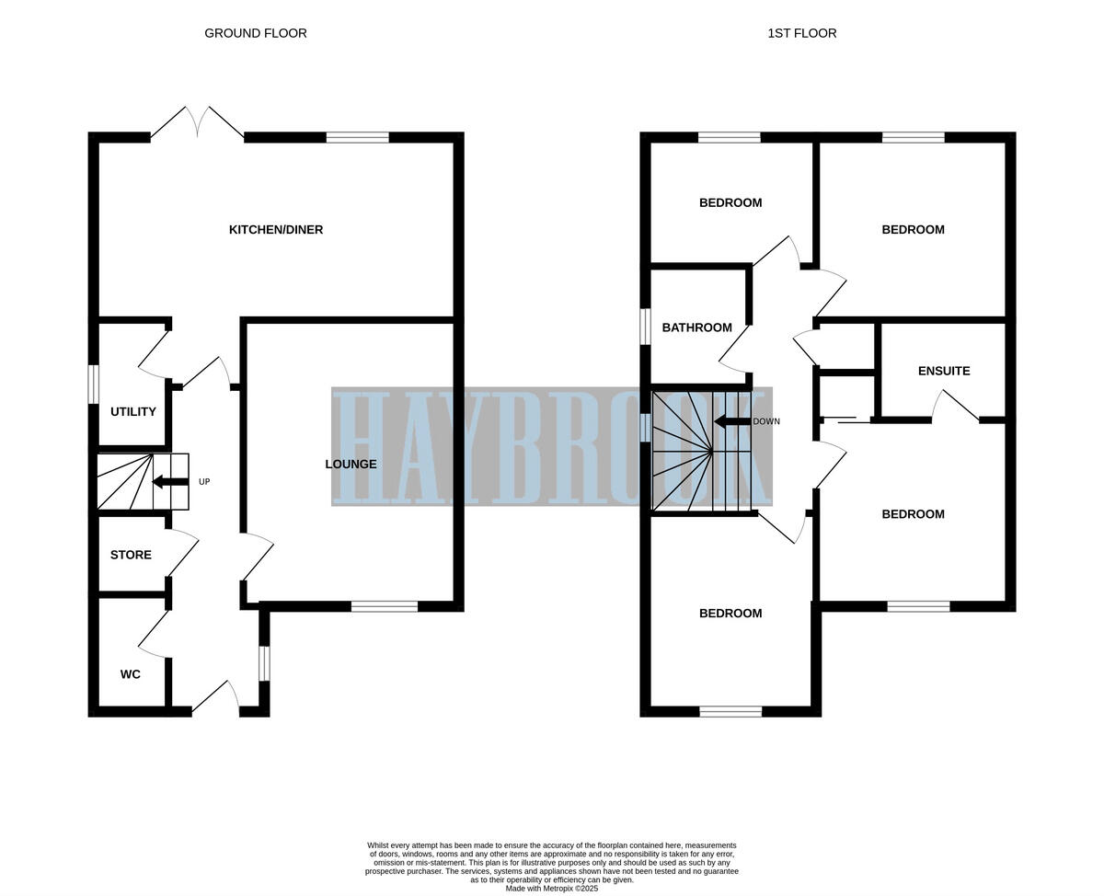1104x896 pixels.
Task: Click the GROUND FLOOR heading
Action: (x=256, y=33)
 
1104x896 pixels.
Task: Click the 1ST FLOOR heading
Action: (x=801, y=33)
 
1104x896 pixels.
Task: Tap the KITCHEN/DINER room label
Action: (x=276, y=229)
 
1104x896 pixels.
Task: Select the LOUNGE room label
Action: (x=351, y=464)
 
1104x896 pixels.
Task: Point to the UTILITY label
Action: (x=133, y=411)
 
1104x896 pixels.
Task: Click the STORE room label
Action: (x=131, y=555)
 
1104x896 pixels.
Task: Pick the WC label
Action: (x=131, y=674)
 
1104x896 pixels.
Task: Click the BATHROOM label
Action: (x=696, y=327)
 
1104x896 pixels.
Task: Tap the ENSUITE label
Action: (x=944, y=371)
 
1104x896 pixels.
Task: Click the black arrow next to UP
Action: (x=170, y=481)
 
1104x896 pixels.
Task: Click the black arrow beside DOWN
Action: (x=732, y=421)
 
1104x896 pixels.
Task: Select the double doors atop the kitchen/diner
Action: (x=197, y=124)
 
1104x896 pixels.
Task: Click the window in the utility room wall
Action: (x=93, y=385)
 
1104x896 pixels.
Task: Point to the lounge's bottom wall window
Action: (x=384, y=606)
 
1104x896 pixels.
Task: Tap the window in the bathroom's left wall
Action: (x=645, y=327)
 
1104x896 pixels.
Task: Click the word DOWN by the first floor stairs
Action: (x=766, y=421)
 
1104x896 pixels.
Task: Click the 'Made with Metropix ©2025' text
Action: (x=552, y=889)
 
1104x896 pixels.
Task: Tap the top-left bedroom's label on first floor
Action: (x=730, y=202)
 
